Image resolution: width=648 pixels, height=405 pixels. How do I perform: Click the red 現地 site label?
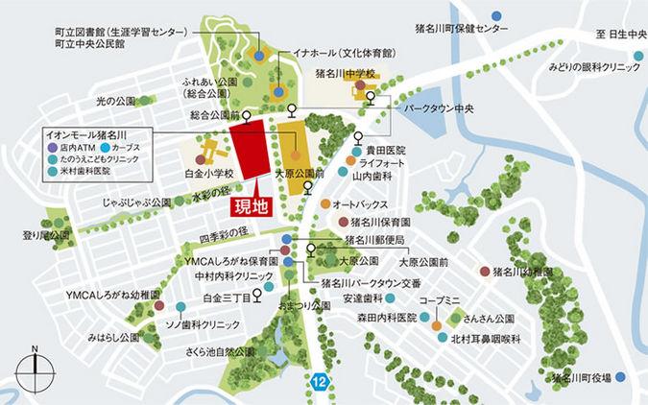tap(249, 204)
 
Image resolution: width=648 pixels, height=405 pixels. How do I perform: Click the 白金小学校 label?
tap(209, 174)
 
